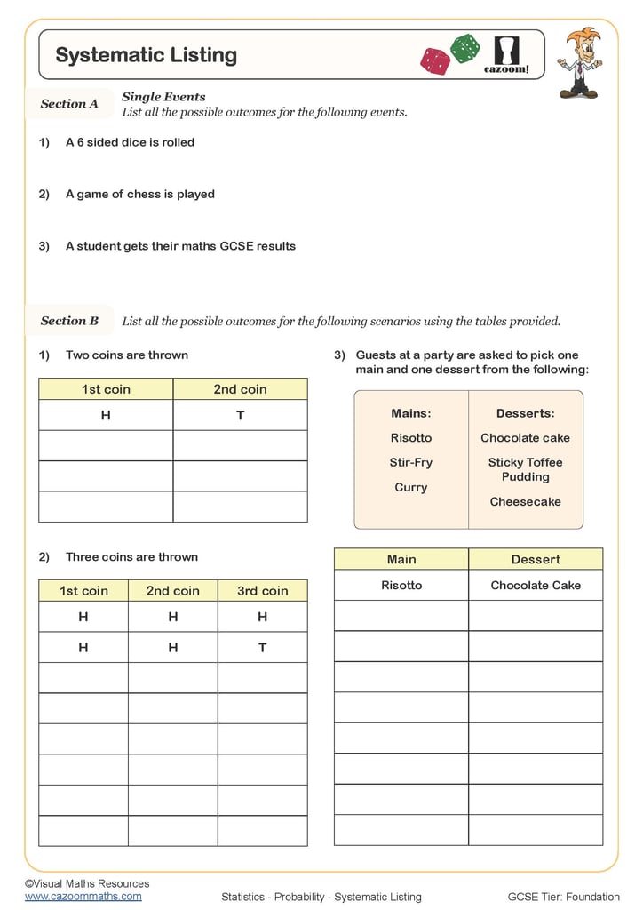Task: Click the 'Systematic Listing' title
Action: click(146, 55)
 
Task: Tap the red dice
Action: click(435, 60)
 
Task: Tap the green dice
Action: click(464, 48)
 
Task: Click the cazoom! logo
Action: click(506, 55)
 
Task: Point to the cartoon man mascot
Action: click(579, 62)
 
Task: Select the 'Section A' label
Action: click(69, 104)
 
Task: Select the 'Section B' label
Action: click(69, 321)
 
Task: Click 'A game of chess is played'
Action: click(139, 194)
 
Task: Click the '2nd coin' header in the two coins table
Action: click(240, 389)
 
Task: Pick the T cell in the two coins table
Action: click(240, 415)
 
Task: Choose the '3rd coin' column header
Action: click(262, 591)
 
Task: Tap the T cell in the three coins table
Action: click(262, 647)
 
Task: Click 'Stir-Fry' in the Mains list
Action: click(410, 462)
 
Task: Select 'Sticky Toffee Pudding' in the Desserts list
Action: click(525, 469)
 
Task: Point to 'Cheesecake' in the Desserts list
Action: click(525, 501)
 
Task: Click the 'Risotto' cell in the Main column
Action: click(401, 585)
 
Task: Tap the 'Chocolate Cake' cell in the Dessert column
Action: click(536, 585)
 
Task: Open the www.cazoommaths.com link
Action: click(83, 897)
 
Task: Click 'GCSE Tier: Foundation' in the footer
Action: click(563, 897)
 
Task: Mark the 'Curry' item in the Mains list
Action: click(410, 487)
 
